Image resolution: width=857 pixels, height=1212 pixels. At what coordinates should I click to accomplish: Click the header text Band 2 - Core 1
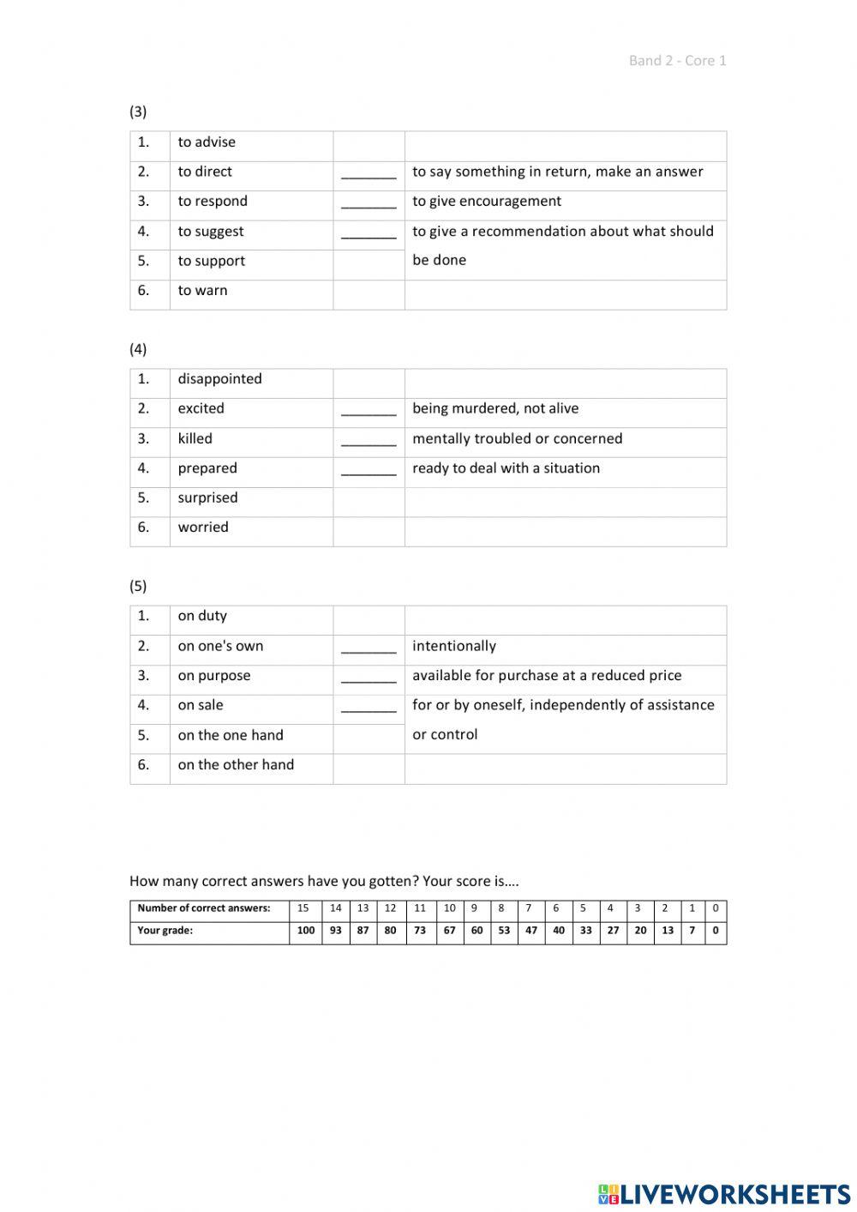click(x=677, y=60)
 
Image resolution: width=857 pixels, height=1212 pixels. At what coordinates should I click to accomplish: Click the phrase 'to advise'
click(x=207, y=142)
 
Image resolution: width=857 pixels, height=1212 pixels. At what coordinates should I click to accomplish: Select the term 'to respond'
click(x=213, y=202)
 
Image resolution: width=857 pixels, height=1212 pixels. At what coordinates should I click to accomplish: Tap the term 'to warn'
click(x=203, y=291)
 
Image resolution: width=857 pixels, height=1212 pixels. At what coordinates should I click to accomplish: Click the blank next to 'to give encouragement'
click(x=369, y=202)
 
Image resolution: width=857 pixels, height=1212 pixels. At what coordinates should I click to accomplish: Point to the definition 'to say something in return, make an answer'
click(x=557, y=172)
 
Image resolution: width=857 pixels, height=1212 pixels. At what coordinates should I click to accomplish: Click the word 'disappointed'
click(x=219, y=379)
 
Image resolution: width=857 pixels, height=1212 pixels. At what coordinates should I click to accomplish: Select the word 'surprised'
click(x=207, y=497)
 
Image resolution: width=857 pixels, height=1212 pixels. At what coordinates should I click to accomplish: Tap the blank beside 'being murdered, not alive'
click(x=369, y=410)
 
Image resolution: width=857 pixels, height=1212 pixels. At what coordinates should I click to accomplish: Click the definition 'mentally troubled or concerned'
click(x=517, y=438)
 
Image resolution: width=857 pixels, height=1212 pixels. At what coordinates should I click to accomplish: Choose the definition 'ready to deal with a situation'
click(x=506, y=468)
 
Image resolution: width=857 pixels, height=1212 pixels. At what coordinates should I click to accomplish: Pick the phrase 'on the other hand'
click(x=236, y=765)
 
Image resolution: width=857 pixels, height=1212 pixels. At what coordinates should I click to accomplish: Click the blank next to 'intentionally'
click(x=369, y=648)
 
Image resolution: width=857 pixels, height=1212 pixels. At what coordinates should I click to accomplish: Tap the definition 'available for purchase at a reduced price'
click(x=547, y=676)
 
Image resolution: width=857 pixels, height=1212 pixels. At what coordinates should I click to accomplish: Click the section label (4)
click(x=138, y=349)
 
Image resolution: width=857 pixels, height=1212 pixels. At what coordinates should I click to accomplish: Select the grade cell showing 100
click(x=306, y=931)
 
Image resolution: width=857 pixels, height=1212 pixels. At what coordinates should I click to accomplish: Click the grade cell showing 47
click(x=531, y=931)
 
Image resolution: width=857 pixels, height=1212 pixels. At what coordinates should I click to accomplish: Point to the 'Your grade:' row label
click(x=165, y=931)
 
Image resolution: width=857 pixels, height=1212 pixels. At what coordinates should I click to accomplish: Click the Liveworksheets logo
click(x=723, y=1193)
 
